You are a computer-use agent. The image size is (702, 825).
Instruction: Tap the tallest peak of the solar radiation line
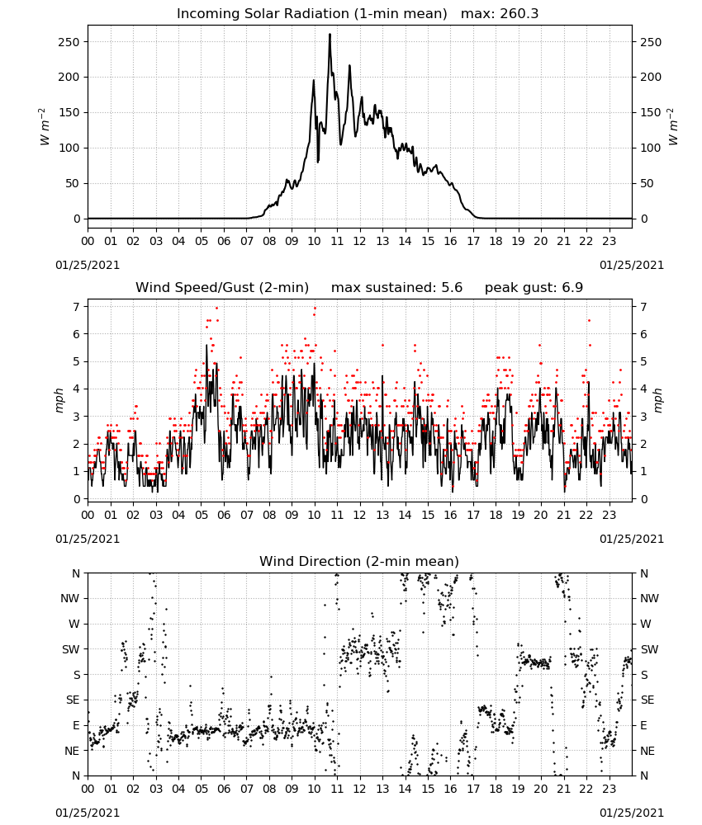(x=330, y=35)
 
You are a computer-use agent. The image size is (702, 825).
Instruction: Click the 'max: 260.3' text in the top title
(x=500, y=13)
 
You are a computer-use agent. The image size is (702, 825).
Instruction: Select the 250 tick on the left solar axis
(x=69, y=42)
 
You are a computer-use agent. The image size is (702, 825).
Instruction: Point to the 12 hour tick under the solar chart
(x=359, y=241)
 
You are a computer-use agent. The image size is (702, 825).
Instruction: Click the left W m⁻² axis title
(x=45, y=126)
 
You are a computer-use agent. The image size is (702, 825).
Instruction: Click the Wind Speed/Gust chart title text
(x=222, y=287)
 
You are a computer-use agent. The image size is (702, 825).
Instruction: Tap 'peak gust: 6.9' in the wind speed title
(x=534, y=287)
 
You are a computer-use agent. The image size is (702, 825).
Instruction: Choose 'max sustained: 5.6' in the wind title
(x=396, y=287)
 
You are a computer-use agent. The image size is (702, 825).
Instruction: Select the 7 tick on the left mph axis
(x=78, y=306)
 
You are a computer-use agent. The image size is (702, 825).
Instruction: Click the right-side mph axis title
(x=657, y=400)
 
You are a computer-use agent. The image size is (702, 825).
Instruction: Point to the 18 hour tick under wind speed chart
(x=496, y=515)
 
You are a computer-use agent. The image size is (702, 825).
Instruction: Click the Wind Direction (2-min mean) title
(x=359, y=561)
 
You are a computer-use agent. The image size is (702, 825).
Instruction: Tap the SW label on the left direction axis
(x=71, y=649)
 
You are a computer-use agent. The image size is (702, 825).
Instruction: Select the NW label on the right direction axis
(x=649, y=598)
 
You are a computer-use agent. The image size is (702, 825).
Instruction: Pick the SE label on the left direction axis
(x=73, y=700)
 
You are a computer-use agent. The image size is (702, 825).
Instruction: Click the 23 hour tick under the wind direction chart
(x=609, y=789)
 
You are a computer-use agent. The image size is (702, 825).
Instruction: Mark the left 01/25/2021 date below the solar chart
(x=88, y=265)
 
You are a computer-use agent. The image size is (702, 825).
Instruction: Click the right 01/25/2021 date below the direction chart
(x=632, y=813)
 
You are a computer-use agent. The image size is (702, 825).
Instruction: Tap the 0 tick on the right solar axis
(x=643, y=219)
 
